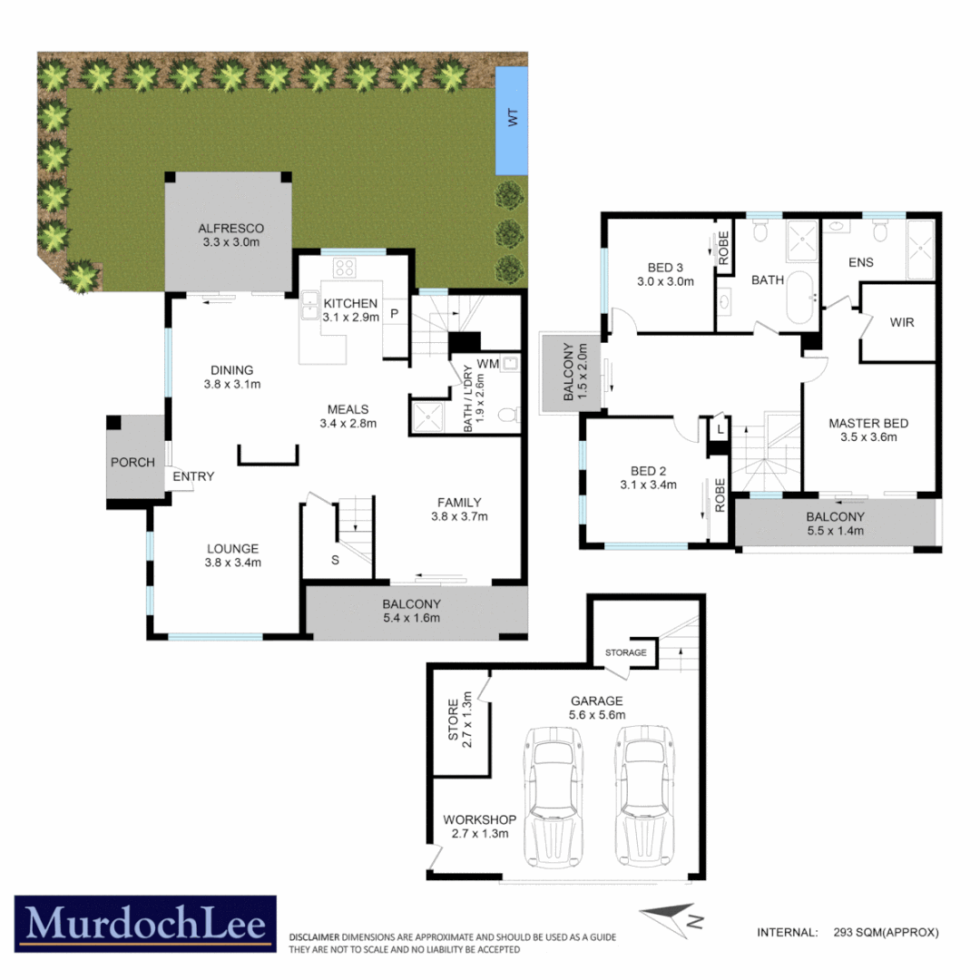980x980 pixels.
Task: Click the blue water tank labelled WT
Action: pos(513,122)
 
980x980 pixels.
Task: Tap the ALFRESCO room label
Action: pos(230,228)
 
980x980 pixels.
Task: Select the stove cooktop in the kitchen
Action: pos(346,268)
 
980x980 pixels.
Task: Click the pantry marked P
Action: pos(395,313)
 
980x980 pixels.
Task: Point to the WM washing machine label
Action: pos(487,364)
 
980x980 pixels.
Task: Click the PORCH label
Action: pos(132,462)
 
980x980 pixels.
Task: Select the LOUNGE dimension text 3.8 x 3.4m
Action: pos(233,563)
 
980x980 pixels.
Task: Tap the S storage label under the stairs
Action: pos(335,560)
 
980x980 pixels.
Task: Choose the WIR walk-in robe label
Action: pos(902,321)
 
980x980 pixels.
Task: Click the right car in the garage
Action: pos(644,796)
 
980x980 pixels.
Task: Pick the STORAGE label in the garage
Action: pos(626,652)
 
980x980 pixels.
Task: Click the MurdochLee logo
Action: pos(145,924)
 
